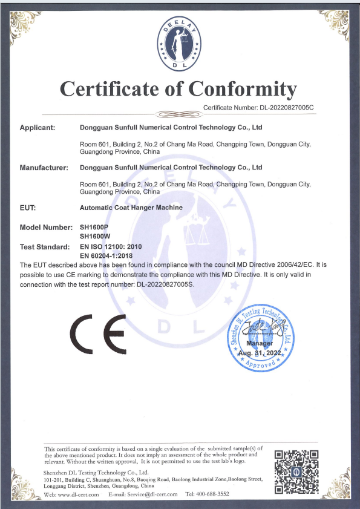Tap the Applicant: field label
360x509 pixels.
point(38,128)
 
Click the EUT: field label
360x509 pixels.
point(28,207)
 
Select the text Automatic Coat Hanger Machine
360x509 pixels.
point(131,207)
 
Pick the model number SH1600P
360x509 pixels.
point(93,227)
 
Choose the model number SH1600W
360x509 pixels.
point(94,235)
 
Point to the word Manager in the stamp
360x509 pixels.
point(260,343)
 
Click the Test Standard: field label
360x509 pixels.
point(44,247)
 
